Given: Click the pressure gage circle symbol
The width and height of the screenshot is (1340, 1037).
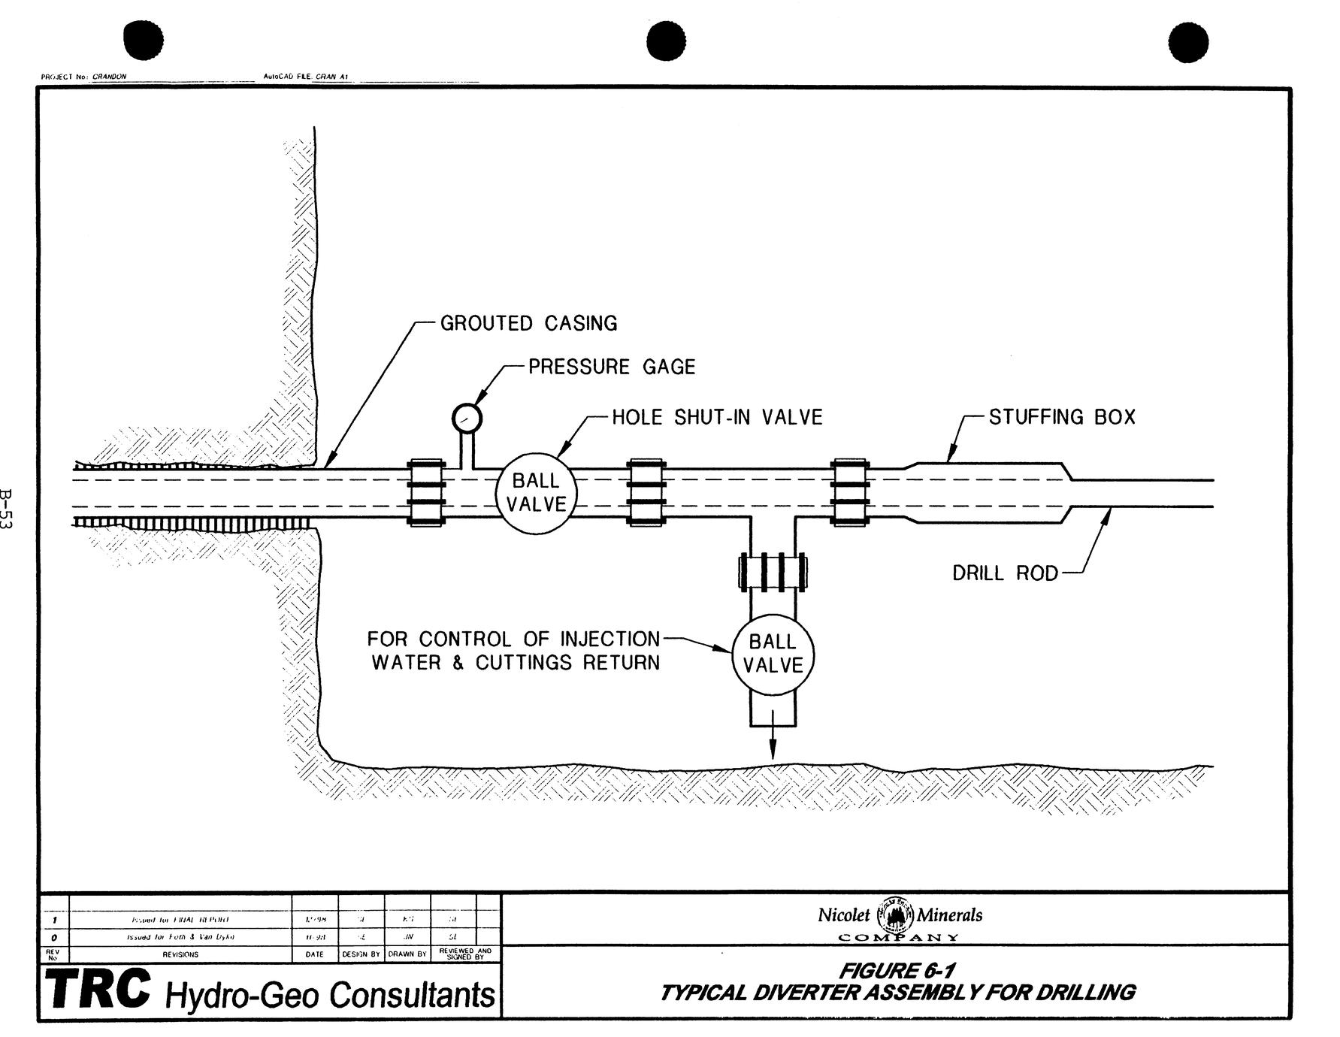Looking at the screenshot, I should click(x=467, y=418).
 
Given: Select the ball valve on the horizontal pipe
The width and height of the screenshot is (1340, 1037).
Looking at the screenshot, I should click(x=535, y=492).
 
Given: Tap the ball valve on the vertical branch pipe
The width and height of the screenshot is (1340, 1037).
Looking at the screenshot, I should click(x=773, y=653).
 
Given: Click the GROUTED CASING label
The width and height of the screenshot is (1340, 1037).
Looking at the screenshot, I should click(x=528, y=324).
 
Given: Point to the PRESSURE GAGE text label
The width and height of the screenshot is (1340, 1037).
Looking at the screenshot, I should click(x=612, y=367).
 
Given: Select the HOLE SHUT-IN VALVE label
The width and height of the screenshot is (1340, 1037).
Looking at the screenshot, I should click(x=717, y=417).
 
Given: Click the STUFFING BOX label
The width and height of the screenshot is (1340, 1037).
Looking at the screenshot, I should click(x=1061, y=417).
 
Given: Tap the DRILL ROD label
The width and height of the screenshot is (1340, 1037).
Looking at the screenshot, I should click(x=1005, y=573).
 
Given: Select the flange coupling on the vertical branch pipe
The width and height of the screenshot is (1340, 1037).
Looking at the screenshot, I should click(x=773, y=570).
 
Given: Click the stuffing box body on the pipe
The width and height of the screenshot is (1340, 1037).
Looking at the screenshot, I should click(x=988, y=492).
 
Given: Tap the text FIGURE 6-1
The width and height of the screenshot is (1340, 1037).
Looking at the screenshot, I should click(x=898, y=972).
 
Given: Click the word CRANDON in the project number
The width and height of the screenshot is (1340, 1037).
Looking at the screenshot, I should click(x=110, y=77).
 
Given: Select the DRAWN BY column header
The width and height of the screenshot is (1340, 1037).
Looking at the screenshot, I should click(x=407, y=954).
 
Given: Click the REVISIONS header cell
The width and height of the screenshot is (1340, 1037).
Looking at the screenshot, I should click(x=180, y=954).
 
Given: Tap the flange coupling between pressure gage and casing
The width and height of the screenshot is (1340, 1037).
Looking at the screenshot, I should click(x=426, y=492).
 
